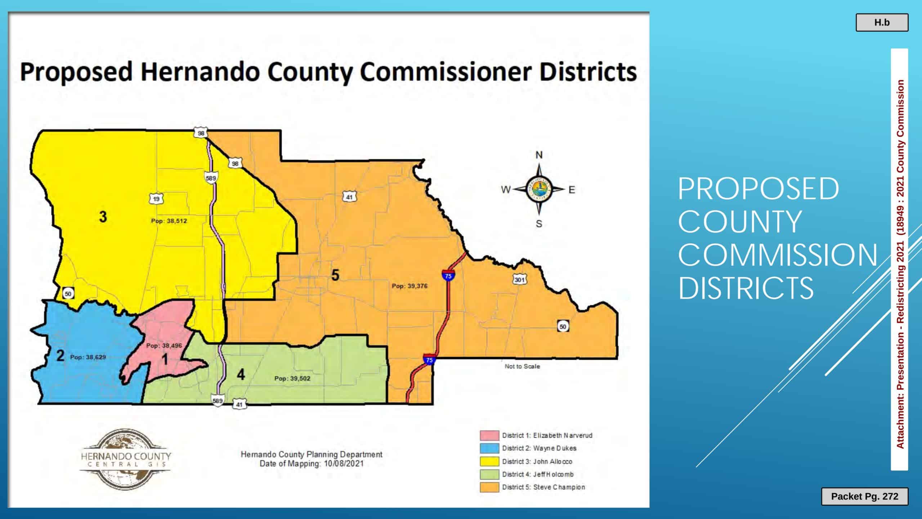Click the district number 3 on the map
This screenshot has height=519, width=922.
tap(103, 217)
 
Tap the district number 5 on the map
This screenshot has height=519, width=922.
tap(335, 275)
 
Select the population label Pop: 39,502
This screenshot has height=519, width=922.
tap(292, 378)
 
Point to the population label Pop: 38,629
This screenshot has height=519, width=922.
tap(88, 357)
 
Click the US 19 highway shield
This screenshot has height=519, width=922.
tap(156, 199)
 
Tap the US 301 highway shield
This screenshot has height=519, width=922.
tap(519, 279)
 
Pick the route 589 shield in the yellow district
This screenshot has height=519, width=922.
tap(211, 178)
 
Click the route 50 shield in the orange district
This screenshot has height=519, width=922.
tap(563, 327)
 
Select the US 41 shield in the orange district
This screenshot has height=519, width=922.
tap(349, 197)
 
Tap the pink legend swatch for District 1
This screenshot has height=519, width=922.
tap(489, 435)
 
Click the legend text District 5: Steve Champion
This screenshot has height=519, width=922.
tap(543, 487)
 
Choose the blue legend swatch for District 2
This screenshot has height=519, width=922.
tap(489, 448)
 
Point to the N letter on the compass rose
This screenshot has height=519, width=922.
tap(539, 155)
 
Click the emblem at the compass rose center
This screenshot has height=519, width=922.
tap(539, 189)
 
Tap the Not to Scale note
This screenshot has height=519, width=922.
tap(522, 367)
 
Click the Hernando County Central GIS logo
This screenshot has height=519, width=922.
tap(125, 459)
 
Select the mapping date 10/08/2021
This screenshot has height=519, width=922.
tap(344, 463)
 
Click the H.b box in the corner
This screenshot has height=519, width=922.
tap(882, 23)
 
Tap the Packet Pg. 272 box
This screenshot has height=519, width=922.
tap(864, 496)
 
